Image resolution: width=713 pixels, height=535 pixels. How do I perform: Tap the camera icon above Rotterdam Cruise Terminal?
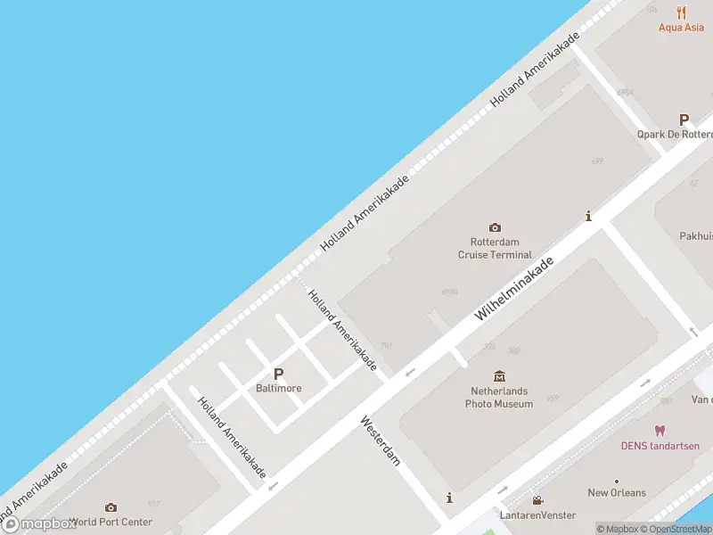click(x=495, y=228)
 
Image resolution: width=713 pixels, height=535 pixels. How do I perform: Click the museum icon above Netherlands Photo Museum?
click(x=499, y=377)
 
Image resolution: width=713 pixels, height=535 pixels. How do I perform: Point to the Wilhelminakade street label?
click(x=514, y=289)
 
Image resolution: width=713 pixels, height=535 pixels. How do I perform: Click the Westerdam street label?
click(x=381, y=440)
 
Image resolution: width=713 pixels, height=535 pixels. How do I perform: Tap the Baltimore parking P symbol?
click(x=278, y=375)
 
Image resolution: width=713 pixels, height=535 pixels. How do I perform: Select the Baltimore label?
click(x=278, y=389)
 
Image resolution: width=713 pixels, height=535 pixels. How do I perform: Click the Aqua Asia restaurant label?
click(x=681, y=28)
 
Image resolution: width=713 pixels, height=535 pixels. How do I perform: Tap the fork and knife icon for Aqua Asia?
click(x=682, y=12)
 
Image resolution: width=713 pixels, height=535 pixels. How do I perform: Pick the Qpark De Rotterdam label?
click(x=676, y=135)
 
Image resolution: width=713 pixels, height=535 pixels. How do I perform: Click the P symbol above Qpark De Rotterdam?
click(x=684, y=119)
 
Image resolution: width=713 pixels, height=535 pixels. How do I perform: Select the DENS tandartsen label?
click(x=660, y=446)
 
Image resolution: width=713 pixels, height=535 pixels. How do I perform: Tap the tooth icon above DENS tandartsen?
click(x=660, y=431)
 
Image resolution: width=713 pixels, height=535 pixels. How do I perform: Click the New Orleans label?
click(x=617, y=493)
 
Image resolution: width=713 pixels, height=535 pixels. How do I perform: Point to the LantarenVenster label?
click(x=537, y=515)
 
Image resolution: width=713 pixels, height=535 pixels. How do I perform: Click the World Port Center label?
click(x=111, y=523)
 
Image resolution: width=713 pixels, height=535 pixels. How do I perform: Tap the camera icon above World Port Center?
click(x=111, y=507)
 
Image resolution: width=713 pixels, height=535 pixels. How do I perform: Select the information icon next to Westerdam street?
click(x=450, y=498)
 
